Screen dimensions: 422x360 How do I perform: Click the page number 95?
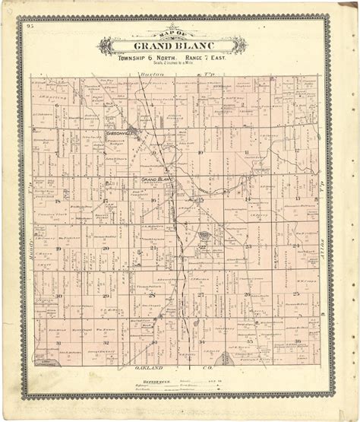pyautogui.click(x=29, y=27)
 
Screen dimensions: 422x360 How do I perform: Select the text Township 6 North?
pyautogui.click(x=146, y=57)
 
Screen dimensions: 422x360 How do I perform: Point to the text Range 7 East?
pyautogui.click(x=202, y=57)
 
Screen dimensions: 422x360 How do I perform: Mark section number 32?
pyautogui.click(x=106, y=343)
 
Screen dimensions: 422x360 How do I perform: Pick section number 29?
pyautogui.click(x=106, y=295)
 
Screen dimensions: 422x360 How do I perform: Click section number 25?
pyautogui.click(x=295, y=295)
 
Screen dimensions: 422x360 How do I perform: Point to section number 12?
pyautogui.click(x=295, y=153)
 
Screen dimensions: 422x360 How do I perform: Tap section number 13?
pyautogui.click(x=295, y=199)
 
